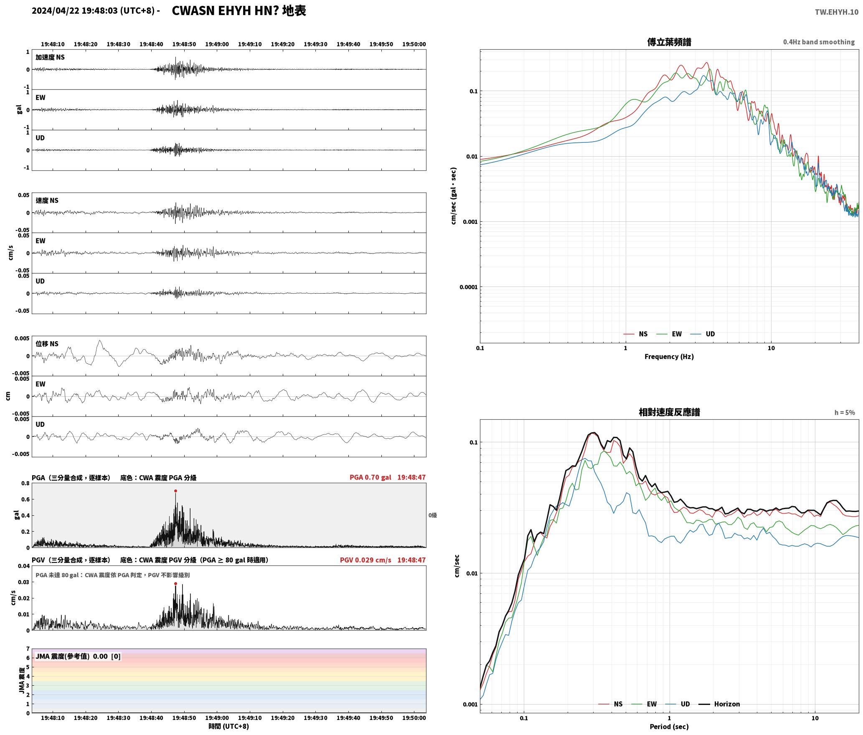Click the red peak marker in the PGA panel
pyautogui.click(x=175, y=491)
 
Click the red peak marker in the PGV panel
pyautogui.click(x=175, y=583)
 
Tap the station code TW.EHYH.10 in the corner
pyautogui.click(x=836, y=12)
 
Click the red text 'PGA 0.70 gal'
pyautogui.click(x=371, y=477)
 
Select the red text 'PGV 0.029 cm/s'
pyautogui.click(x=366, y=560)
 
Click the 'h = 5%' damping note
pyautogui.click(x=845, y=413)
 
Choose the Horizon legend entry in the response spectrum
pyautogui.click(x=719, y=704)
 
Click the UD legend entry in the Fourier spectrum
pyautogui.click(x=703, y=334)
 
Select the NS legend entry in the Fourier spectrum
pyautogui.click(x=635, y=334)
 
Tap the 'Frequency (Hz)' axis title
pyautogui.click(x=669, y=356)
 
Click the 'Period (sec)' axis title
pyautogui.click(x=669, y=727)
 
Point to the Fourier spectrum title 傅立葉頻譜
pyautogui.click(x=669, y=42)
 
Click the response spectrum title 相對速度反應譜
pyautogui.click(x=669, y=412)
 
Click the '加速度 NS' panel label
pyautogui.click(x=50, y=57)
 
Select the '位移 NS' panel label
pyautogui.click(x=47, y=344)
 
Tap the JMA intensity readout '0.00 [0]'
pyautogui.click(x=107, y=656)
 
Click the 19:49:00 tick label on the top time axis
pyautogui.click(x=217, y=44)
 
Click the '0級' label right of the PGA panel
pyautogui.click(x=432, y=515)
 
